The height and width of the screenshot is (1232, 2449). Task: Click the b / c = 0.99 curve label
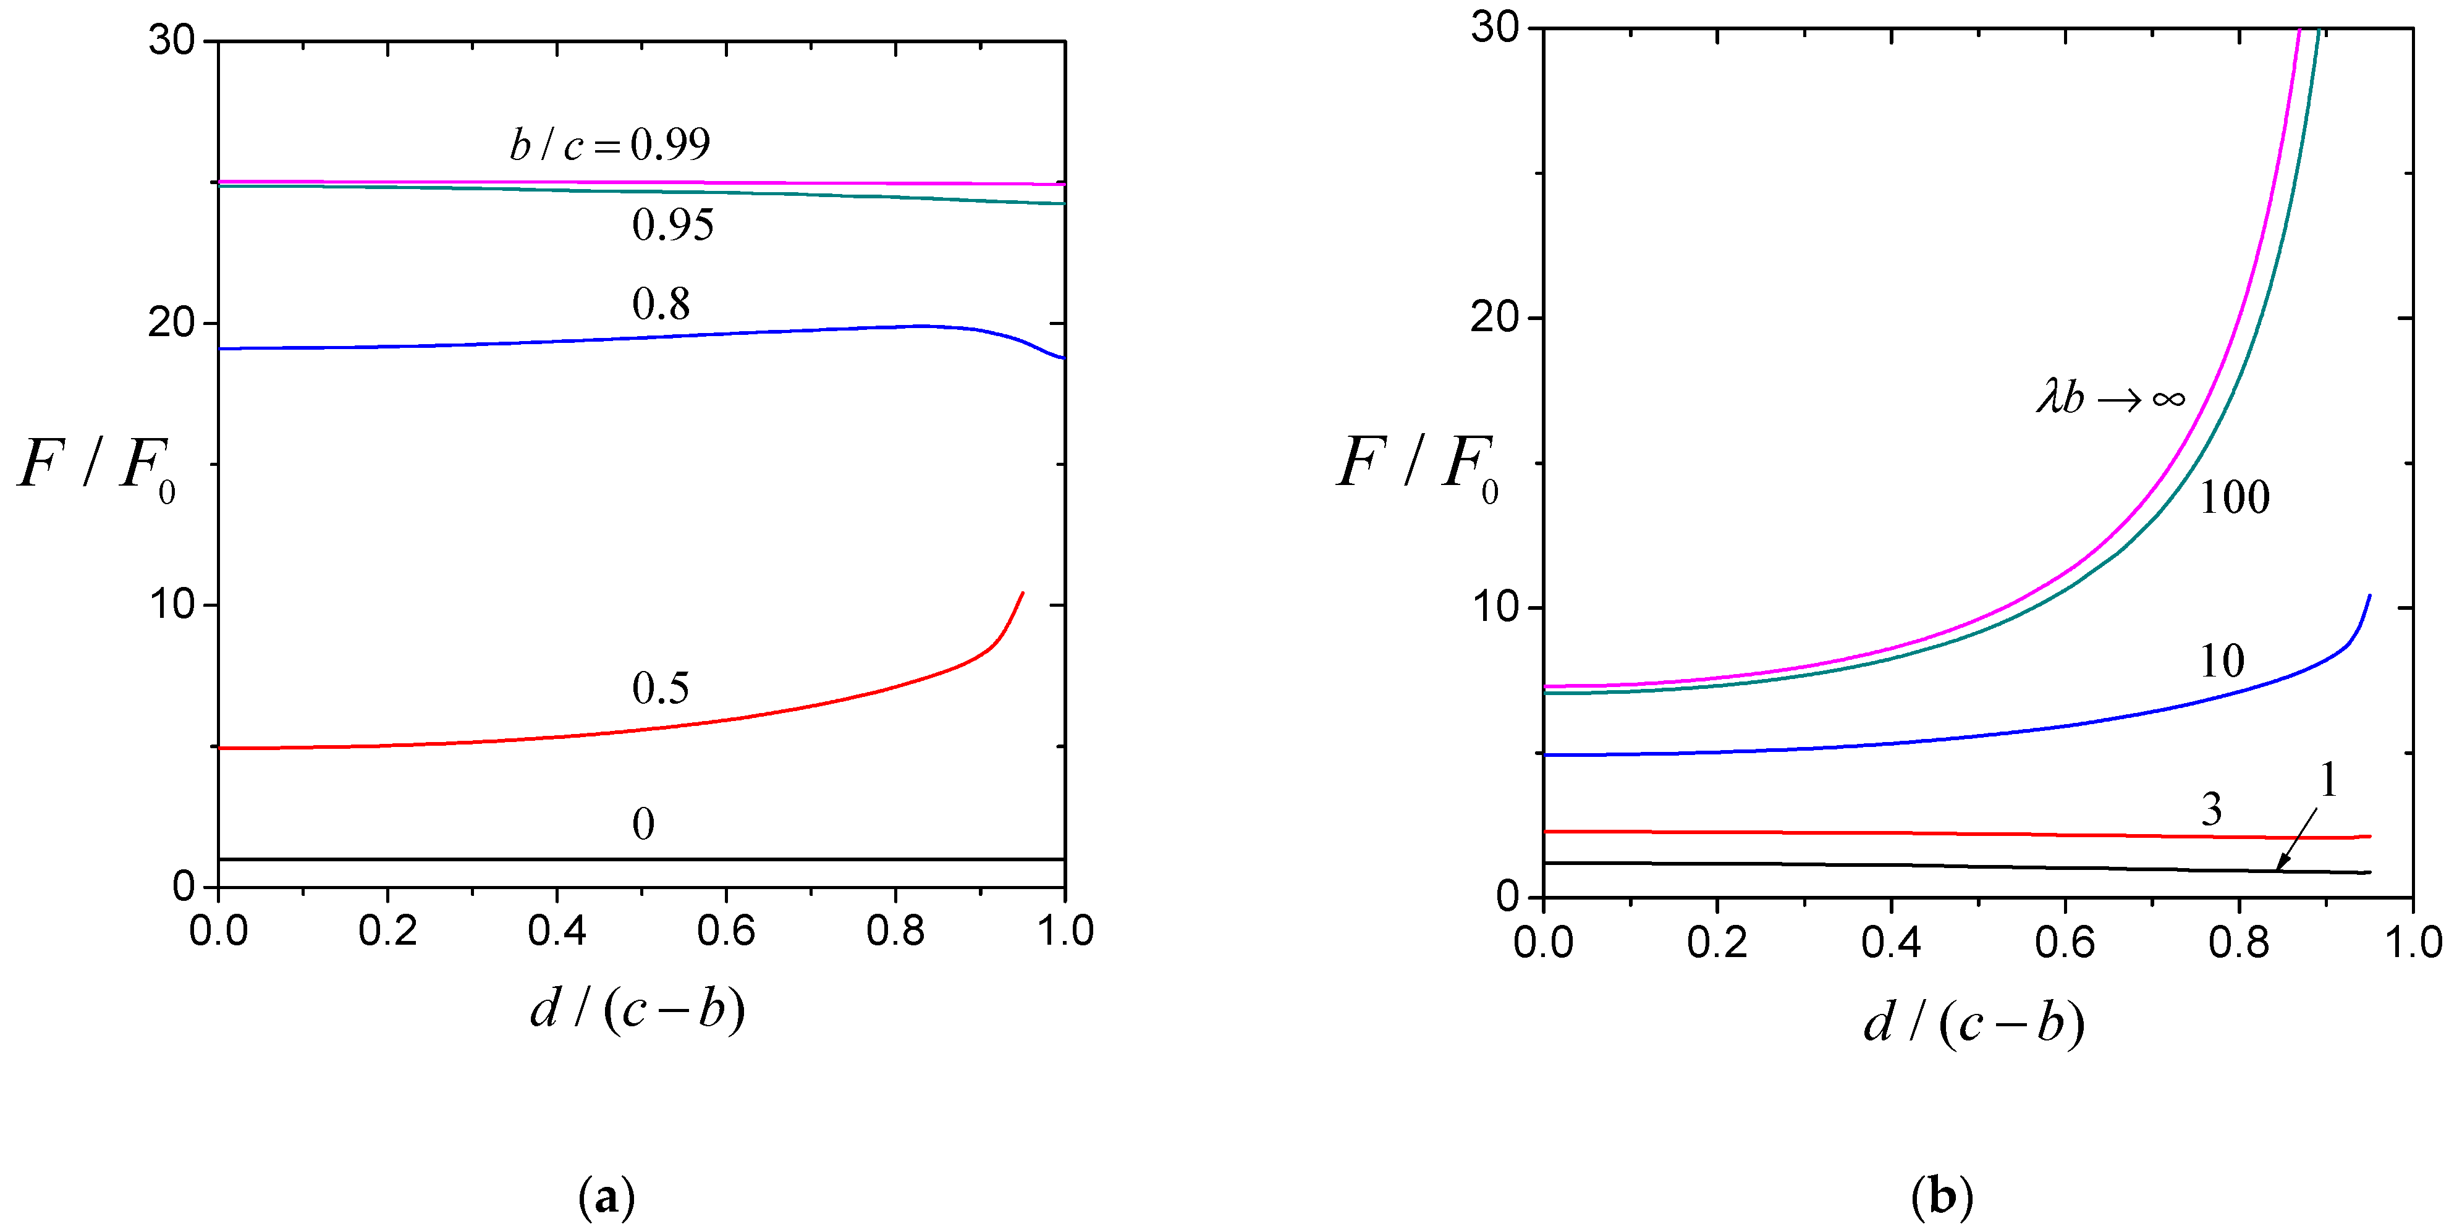[609, 145]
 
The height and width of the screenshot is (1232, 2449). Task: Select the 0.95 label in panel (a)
[672, 226]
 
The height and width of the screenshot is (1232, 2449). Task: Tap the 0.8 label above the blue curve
[661, 304]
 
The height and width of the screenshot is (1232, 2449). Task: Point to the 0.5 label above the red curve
[661, 688]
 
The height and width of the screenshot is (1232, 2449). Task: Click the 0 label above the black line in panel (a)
[644, 824]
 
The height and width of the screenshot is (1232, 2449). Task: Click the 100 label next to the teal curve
[2234, 497]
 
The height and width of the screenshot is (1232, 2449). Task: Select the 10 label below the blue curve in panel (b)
[2222, 660]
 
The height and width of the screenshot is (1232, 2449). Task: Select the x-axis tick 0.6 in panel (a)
[725, 930]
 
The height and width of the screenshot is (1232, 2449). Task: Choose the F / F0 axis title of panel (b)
[1416, 465]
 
